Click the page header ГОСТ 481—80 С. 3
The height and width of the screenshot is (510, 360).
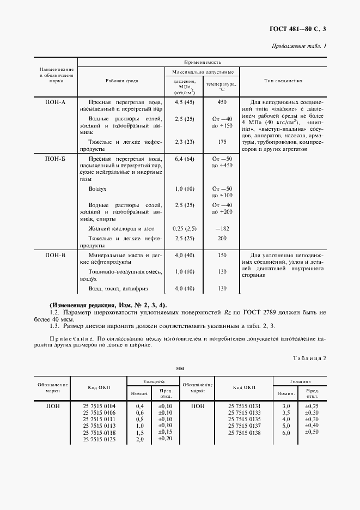pyautogui.click(x=301, y=28)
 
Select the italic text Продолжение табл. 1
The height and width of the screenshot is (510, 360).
pyautogui.click(x=299, y=46)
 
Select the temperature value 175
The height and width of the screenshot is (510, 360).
pyautogui.click(x=222, y=142)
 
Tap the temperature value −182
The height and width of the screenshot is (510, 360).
pyautogui.click(x=222, y=229)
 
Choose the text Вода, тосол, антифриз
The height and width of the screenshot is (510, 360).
pyautogui.click(x=118, y=288)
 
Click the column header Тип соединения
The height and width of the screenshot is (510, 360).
pyautogui.click(x=283, y=81)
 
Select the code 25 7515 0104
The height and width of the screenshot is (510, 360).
pyautogui.click(x=99, y=406)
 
